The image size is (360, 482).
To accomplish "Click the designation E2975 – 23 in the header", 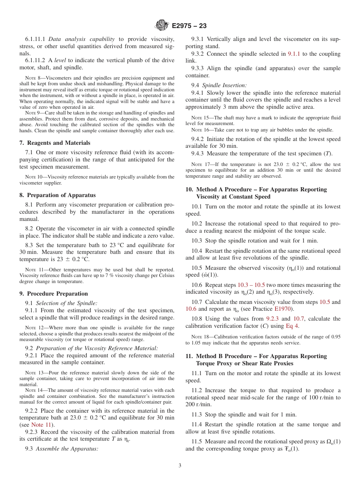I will tap(189, 26).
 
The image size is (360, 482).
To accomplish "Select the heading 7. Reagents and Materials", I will tap(55, 143).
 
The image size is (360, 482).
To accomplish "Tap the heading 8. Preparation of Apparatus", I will tap(57, 195).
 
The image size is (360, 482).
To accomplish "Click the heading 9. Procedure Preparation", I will tap(53, 294).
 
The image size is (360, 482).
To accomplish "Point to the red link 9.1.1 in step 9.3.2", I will tap(294, 54).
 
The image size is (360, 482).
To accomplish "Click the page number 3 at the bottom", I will tap(180, 466).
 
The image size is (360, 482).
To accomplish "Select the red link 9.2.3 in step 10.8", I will tap(272, 319).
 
